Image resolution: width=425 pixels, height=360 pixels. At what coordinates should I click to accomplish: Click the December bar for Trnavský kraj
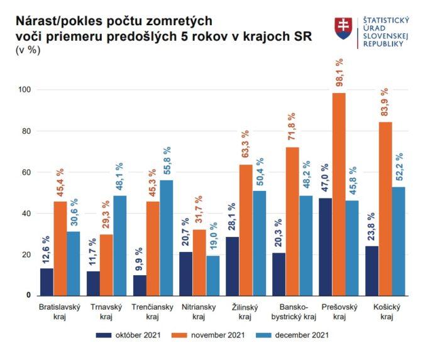pyautogui.click(x=119, y=245)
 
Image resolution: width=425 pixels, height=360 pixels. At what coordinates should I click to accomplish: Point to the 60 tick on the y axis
pyautogui.click(x=26, y=172)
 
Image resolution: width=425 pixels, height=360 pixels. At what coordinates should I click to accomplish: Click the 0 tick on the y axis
pyautogui.click(x=28, y=295)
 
